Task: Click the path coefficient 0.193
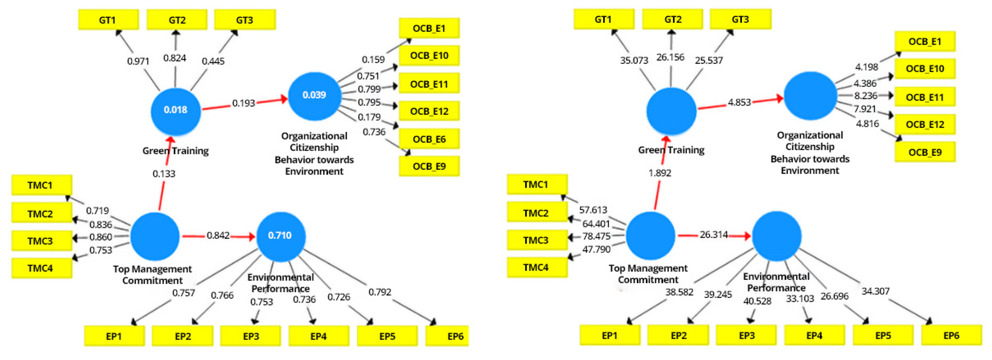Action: coord(243,103)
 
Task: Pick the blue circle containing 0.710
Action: coord(281,236)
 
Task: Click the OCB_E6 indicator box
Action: coord(429,139)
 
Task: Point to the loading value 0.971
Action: coord(138,61)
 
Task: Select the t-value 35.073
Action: coord(634,61)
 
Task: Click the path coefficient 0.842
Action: coord(218,235)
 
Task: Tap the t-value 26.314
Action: coord(714,235)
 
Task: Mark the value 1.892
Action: coord(660,173)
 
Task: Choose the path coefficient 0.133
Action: coord(164,174)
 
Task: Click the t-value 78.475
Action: coord(596,236)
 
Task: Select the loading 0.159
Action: coord(373,60)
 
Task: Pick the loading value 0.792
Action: coord(380,292)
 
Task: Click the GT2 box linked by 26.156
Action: coord(672,19)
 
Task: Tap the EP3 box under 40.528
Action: coord(746,335)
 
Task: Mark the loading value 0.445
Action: coord(213,61)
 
